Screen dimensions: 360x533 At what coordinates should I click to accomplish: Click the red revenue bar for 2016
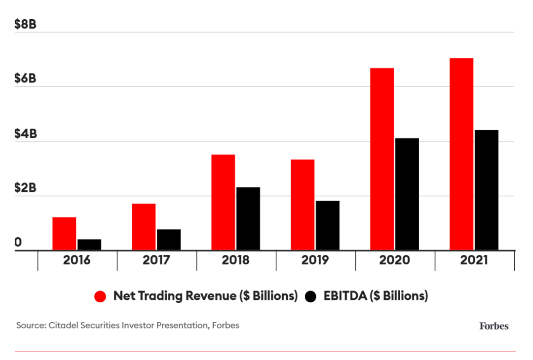click(64, 234)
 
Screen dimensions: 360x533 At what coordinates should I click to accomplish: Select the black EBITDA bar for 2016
click(89, 245)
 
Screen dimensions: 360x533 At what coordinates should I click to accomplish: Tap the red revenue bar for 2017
click(144, 227)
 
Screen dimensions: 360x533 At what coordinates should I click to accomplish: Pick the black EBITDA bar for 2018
click(248, 218)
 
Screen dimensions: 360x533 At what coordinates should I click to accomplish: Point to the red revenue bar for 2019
click(303, 205)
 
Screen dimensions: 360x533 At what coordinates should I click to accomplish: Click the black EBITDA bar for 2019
click(328, 225)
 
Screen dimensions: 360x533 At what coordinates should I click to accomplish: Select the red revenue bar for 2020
click(382, 159)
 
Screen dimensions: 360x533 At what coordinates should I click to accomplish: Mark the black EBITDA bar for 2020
click(407, 194)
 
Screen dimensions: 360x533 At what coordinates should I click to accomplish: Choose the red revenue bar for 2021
click(461, 154)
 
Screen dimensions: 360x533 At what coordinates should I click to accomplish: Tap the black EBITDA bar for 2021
click(487, 190)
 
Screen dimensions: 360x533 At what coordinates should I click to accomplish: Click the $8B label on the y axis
click(26, 24)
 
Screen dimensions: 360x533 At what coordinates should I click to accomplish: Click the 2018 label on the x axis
click(235, 260)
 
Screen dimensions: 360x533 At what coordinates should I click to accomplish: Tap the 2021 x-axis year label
click(474, 260)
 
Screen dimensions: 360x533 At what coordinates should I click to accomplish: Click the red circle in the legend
click(101, 296)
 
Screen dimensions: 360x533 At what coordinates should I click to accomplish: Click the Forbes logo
click(494, 325)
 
